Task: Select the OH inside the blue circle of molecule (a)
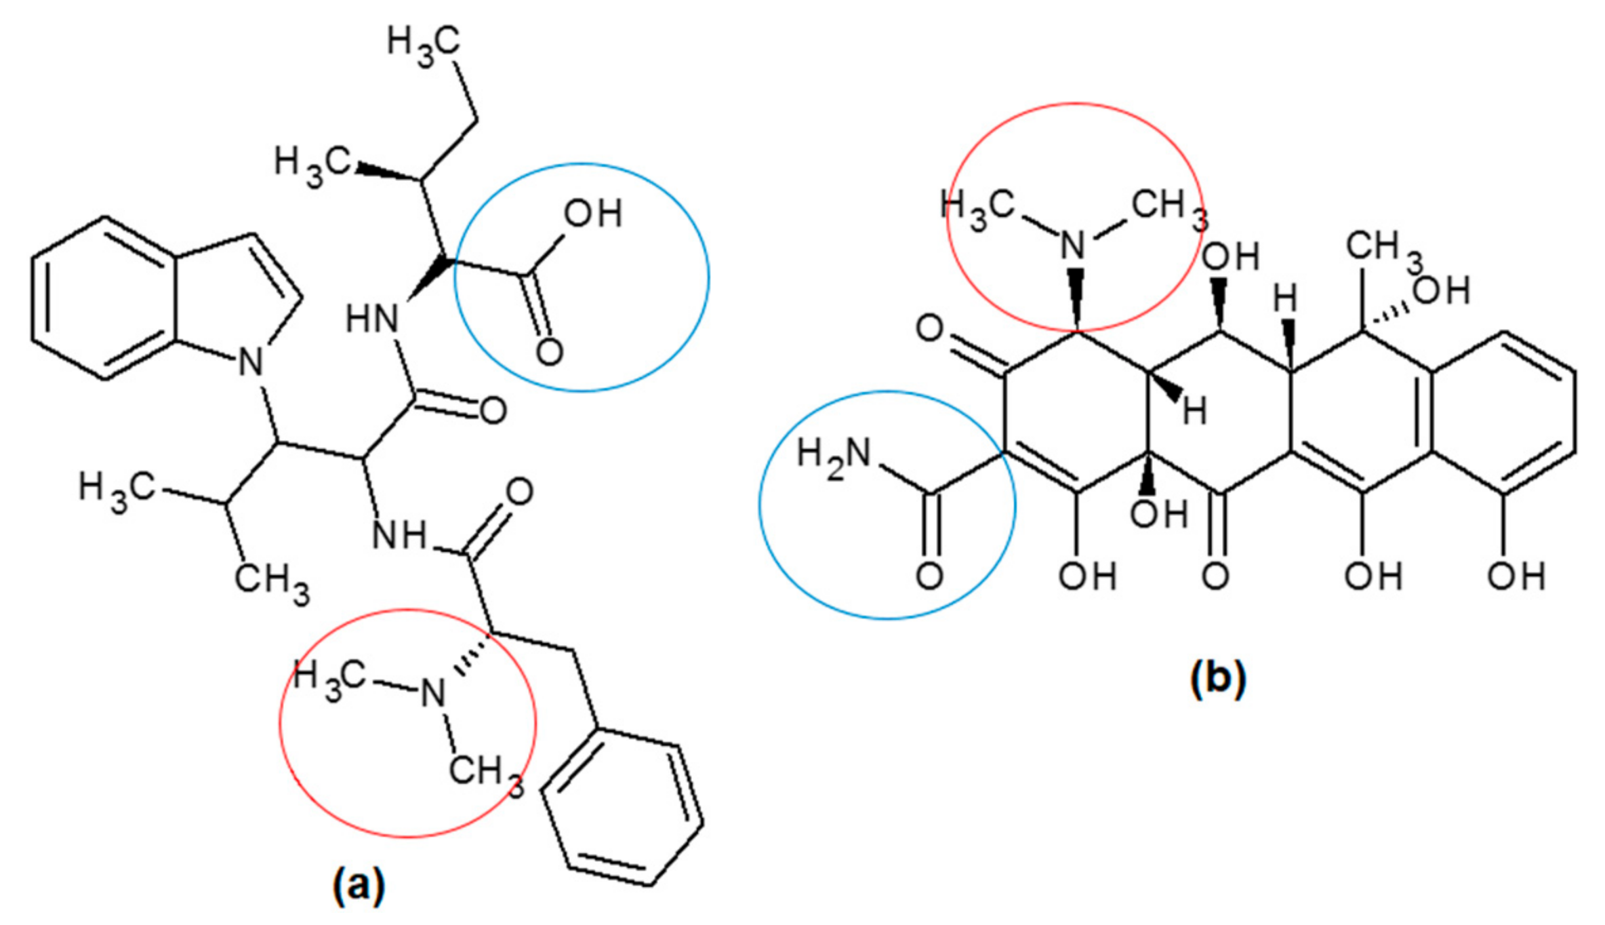592,214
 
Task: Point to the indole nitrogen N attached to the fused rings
251,361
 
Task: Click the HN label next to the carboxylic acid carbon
371,319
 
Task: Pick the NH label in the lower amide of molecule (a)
400,536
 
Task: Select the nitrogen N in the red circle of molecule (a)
433,693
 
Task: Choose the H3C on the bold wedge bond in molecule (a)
312,165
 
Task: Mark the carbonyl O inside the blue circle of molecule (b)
929,576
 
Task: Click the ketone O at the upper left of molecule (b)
929,330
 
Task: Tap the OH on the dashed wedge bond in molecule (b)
1441,291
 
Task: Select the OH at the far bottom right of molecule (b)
1516,577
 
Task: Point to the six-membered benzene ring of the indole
104,298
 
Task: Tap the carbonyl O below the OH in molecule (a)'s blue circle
549,353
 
